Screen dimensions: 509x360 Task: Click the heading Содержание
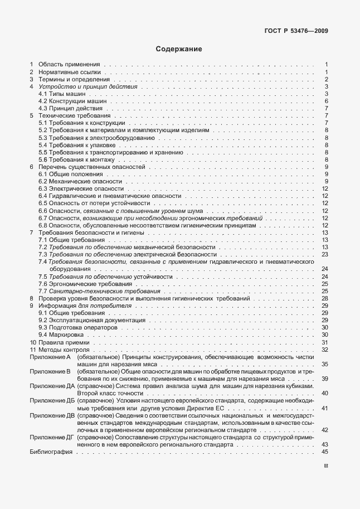[179, 49]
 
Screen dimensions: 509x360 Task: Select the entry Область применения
[69, 65]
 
